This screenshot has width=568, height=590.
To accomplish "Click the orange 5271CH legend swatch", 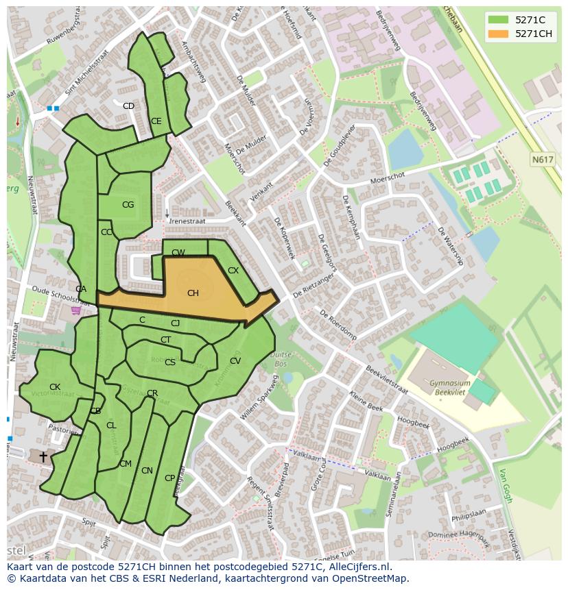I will coord(498,34).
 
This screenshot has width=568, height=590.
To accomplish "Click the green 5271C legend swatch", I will coord(498,20).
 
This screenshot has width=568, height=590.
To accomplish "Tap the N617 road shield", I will coord(542,160).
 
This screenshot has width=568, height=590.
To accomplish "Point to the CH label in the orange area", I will coord(193,293).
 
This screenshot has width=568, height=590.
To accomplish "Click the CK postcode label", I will coord(55,387).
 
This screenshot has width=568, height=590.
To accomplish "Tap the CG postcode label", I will coord(128,205).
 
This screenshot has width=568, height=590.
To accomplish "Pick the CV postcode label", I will coord(235,361).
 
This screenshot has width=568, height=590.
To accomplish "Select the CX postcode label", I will coord(233,271).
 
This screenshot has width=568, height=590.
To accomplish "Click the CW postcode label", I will coord(178,253).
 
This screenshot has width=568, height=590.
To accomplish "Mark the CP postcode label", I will coord(169,478).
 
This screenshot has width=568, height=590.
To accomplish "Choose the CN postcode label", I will coord(147,471).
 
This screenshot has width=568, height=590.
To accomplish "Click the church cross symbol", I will coord(43,456).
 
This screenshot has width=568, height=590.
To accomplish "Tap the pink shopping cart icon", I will coord(75,310).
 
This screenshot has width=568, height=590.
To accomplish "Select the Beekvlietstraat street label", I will coord(387,379).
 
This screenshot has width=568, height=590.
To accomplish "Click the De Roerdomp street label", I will coord(338,323).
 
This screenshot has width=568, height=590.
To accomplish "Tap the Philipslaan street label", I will coord(469,515).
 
